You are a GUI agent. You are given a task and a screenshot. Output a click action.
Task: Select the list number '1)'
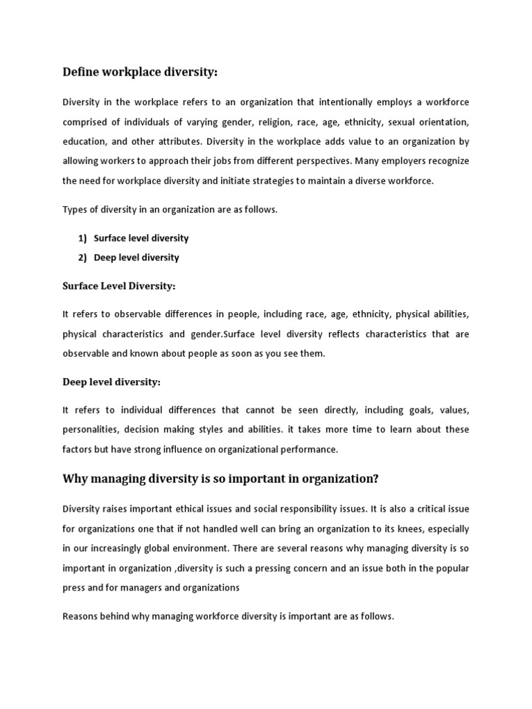click(x=82, y=238)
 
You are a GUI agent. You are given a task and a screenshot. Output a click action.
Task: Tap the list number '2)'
click(x=82, y=258)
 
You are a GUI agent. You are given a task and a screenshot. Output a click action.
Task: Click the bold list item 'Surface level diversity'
click(x=141, y=238)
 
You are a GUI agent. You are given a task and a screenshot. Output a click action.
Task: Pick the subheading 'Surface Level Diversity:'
click(x=118, y=285)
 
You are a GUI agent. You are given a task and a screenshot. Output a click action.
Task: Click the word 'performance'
click(x=310, y=449)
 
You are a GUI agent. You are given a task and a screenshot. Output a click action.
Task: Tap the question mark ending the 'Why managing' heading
click(x=376, y=479)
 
